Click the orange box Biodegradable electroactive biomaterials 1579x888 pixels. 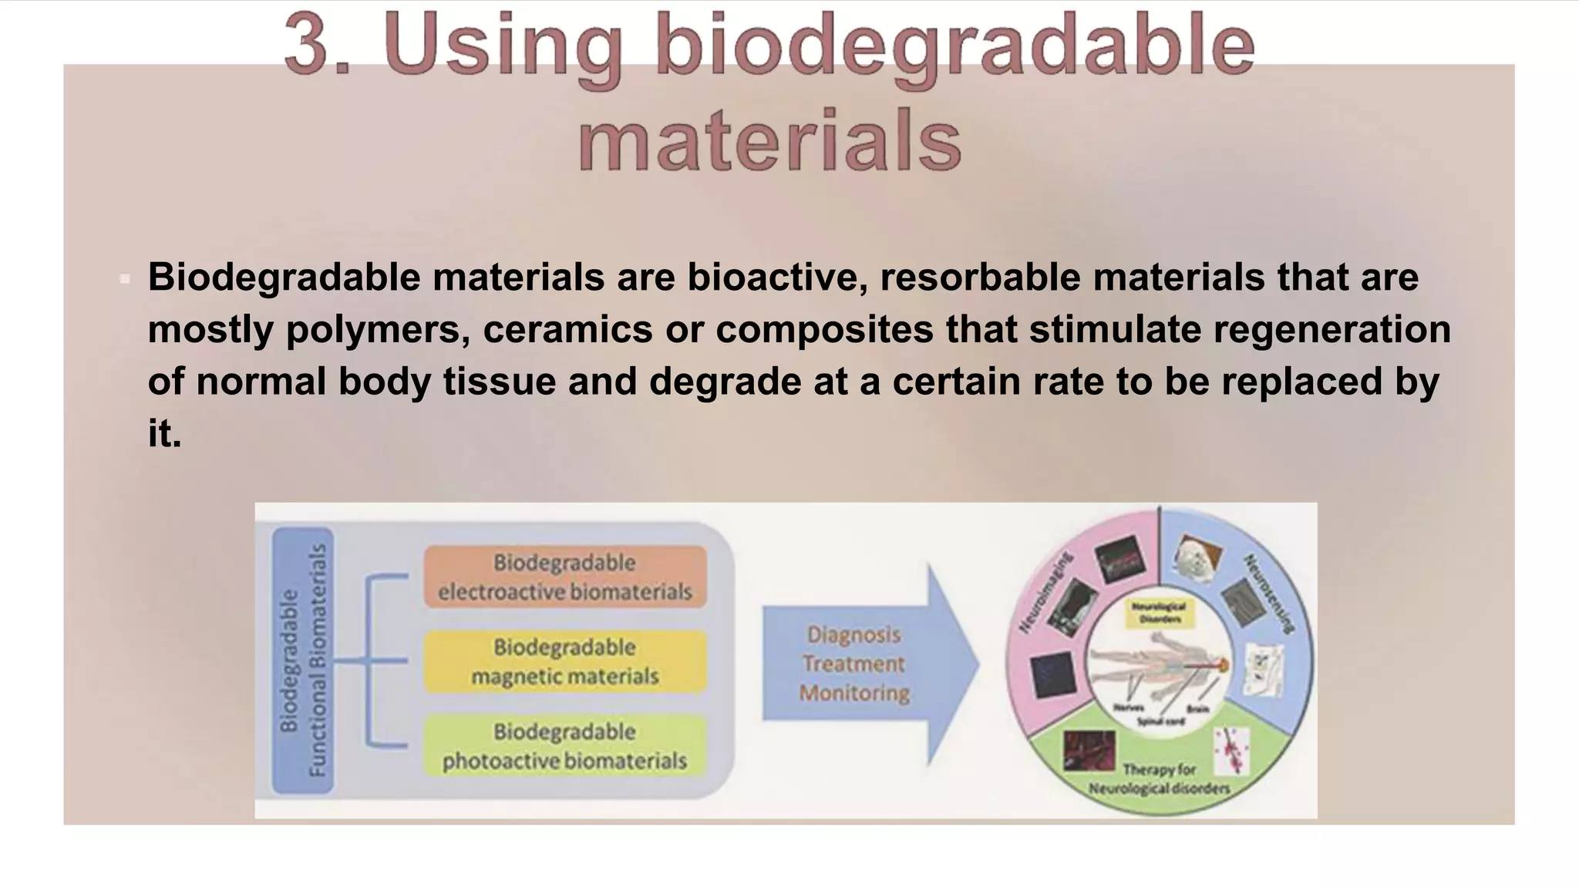click(565, 577)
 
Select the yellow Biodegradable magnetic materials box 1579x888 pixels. click(565, 661)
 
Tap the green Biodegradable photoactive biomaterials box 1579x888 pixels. click(565, 745)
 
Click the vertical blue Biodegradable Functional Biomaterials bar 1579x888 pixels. click(302, 660)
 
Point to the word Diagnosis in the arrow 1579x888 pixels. click(853, 634)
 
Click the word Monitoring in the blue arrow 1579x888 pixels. click(854, 693)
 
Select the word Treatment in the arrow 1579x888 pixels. click(853, 664)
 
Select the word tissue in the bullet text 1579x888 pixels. click(500, 381)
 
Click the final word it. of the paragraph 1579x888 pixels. click(164, 433)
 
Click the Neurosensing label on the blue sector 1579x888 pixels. click(1268, 594)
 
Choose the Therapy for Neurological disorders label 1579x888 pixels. click(1159, 779)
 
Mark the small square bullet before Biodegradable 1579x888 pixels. click(125, 279)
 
